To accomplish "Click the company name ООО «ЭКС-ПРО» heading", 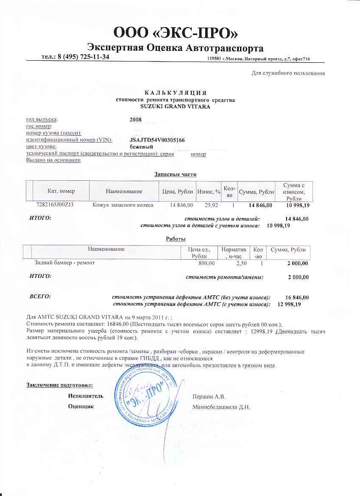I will [x=175, y=32].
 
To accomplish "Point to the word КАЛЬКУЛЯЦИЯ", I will [x=175, y=93].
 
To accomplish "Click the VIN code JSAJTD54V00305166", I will [x=157, y=140].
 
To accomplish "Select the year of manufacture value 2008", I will [x=135, y=120].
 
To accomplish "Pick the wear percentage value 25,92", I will [x=211, y=205].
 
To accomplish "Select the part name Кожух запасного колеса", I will [x=123, y=205].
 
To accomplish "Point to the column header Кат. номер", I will [x=61, y=192].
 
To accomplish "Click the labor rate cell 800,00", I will [x=207, y=263].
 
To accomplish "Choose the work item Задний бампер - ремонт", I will [x=64, y=263].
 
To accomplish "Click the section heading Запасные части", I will [x=175, y=174].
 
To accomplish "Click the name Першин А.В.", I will [x=209, y=397].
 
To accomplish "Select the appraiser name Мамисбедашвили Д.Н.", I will [x=221, y=407].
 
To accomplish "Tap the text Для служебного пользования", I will [x=288, y=73].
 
